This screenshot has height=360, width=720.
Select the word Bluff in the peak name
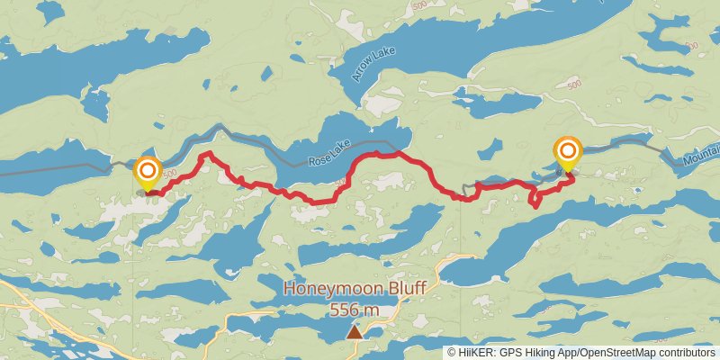pos(400,289)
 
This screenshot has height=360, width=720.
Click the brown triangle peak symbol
pos(355,332)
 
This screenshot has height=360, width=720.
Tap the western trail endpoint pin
pos(147,173)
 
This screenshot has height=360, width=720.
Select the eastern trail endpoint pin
pos(568,153)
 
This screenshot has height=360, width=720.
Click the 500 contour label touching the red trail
pos(340,183)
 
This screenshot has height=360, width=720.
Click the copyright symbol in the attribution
pos(452,353)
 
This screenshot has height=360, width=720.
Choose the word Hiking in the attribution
pos(535,353)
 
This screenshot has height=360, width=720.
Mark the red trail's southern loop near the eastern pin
pos(535,199)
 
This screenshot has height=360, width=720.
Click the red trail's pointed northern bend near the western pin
pos(207,154)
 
